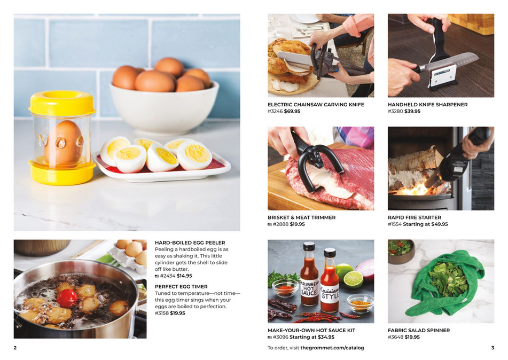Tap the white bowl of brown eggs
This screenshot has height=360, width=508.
point(163,107)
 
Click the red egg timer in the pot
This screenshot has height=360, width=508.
point(67,298)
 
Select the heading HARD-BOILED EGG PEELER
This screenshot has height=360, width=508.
point(190,242)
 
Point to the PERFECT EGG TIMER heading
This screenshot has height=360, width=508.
point(181,286)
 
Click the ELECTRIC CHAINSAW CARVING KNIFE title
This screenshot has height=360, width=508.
point(316,105)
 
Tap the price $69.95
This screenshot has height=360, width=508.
point(292,112)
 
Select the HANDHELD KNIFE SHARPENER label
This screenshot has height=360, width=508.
point(427,105)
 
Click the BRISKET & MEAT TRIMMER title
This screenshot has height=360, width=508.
point(301,217)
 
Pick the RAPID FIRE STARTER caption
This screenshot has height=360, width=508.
point(415,217)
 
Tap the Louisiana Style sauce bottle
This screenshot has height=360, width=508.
point(330,286)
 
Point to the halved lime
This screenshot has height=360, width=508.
point(353,279)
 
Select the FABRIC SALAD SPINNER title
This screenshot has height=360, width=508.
point(419,330)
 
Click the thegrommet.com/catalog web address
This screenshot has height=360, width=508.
point(332,348)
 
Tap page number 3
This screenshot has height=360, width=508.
point(493,348)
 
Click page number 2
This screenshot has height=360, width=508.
point(15,348)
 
